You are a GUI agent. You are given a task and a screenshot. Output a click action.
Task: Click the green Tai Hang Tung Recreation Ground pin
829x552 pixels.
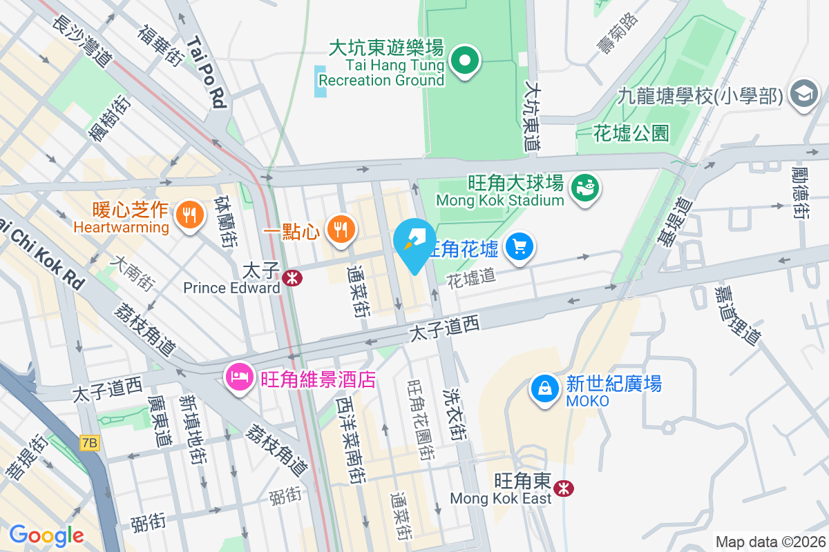466,61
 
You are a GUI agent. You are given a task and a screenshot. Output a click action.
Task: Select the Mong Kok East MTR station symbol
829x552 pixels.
565,489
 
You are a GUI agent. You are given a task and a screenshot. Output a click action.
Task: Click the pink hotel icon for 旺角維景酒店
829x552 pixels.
239,377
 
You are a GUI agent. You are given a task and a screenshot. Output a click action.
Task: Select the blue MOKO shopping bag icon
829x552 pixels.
545,388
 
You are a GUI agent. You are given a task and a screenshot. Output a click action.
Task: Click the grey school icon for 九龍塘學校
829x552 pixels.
803,95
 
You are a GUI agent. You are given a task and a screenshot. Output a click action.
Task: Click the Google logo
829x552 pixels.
46,535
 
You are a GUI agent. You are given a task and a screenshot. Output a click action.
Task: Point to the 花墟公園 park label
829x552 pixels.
631,133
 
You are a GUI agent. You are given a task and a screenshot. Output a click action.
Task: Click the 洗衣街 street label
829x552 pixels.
456,408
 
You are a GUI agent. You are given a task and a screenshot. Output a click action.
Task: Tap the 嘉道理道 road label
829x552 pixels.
739,315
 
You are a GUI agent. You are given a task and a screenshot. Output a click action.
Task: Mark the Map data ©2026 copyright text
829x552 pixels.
770,542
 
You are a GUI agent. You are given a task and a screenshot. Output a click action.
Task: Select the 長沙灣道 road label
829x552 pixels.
82,41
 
